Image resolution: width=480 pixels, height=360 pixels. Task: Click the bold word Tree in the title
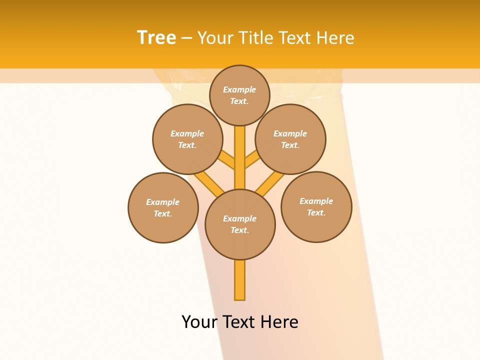coord(156,37)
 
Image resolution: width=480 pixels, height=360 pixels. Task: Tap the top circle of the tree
coord(239,95)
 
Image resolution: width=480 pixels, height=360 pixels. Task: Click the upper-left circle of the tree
coord(187,139)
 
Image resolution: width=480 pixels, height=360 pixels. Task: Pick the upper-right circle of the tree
coord(290,139)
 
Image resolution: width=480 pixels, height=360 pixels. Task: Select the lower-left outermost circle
coord(163,207)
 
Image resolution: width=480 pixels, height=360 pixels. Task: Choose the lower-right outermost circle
coord(316,206)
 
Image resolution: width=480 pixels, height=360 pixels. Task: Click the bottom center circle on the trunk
coord(240,224)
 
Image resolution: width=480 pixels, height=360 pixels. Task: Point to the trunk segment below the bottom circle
coord(240,280)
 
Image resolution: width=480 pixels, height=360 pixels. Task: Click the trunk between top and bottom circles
coord(240,157)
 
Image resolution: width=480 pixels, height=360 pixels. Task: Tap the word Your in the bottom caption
coord(199,321)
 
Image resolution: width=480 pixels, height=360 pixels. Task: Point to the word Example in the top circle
coord(239,89)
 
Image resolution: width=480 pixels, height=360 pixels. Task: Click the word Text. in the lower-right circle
coord(316,212)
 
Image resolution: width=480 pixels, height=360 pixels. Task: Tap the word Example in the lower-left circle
coord(163,202)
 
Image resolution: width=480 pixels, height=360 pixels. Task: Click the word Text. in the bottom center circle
coord(239,230)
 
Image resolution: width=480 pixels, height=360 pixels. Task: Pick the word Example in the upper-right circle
coord(290,133)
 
